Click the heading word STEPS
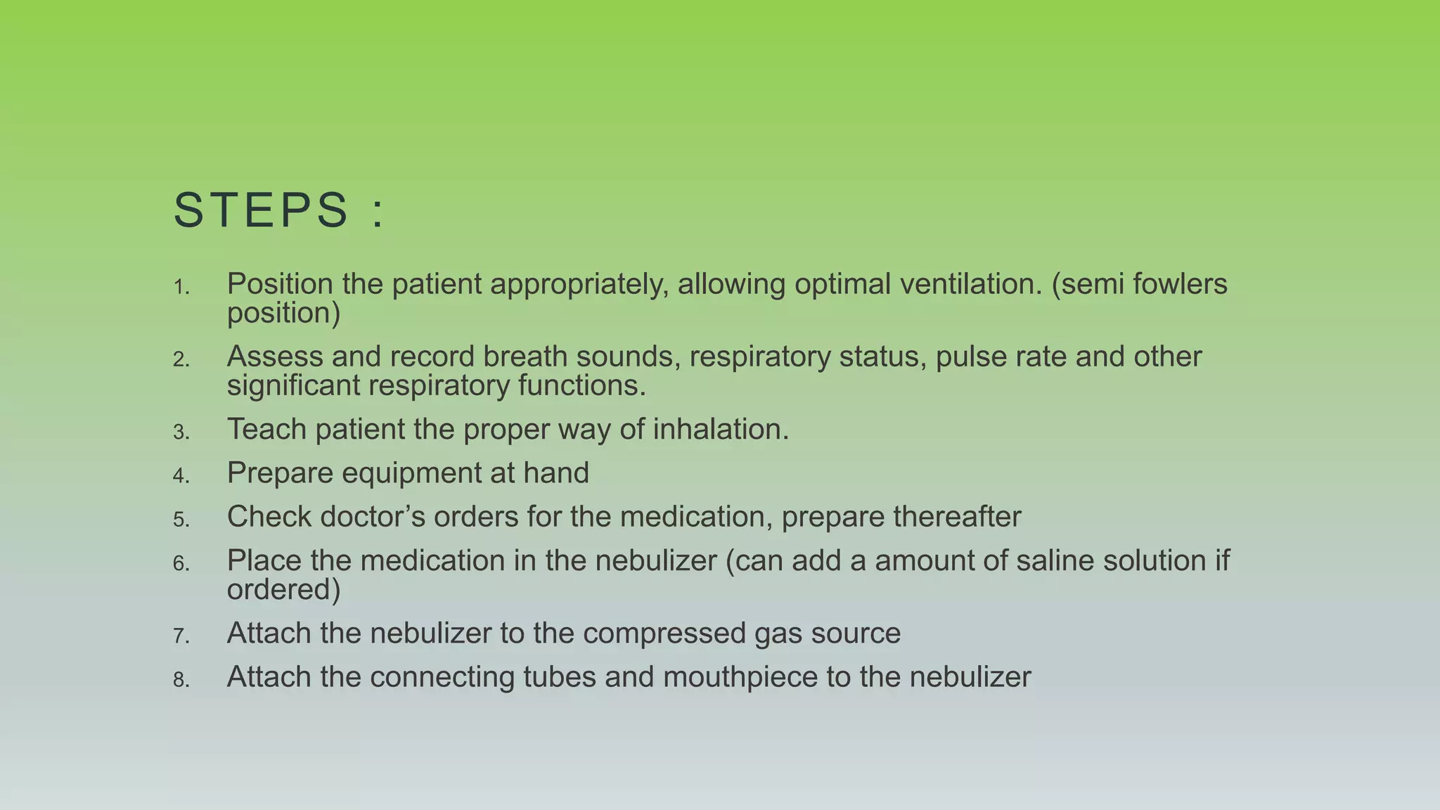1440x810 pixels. point(261,210)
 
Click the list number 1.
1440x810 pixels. point(181,288)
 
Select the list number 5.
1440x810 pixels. point(181,520)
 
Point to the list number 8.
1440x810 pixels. point(181,680)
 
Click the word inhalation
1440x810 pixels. point(721,429)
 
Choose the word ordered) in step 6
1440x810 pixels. point(283,589)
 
